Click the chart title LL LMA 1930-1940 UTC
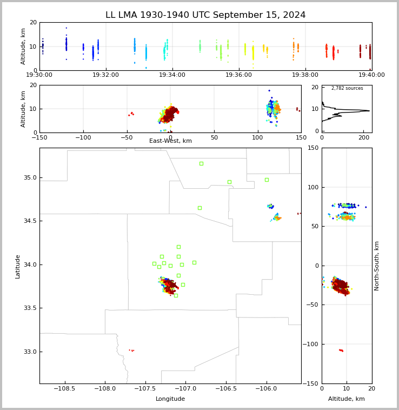[x=205, y=15]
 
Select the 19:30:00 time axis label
[x=39, y=75]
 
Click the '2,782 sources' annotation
[x=347, y=88]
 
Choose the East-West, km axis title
[x=170, y=141]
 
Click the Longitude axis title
[x=170, y=399]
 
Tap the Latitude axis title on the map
[x=18, y=266]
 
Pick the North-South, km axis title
[x=377, y=266]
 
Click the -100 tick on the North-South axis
[x=313, y=345]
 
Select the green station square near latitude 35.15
[x=201, y=163]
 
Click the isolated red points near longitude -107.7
[x=131, y=351]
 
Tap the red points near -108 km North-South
[x=341, y=351]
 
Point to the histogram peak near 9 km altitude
[x=369, y=111]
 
